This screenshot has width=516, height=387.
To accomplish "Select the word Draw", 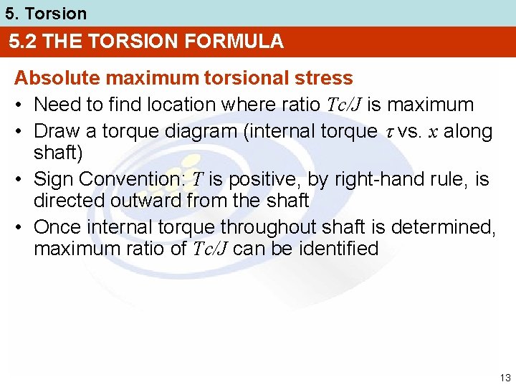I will (56, 131).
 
